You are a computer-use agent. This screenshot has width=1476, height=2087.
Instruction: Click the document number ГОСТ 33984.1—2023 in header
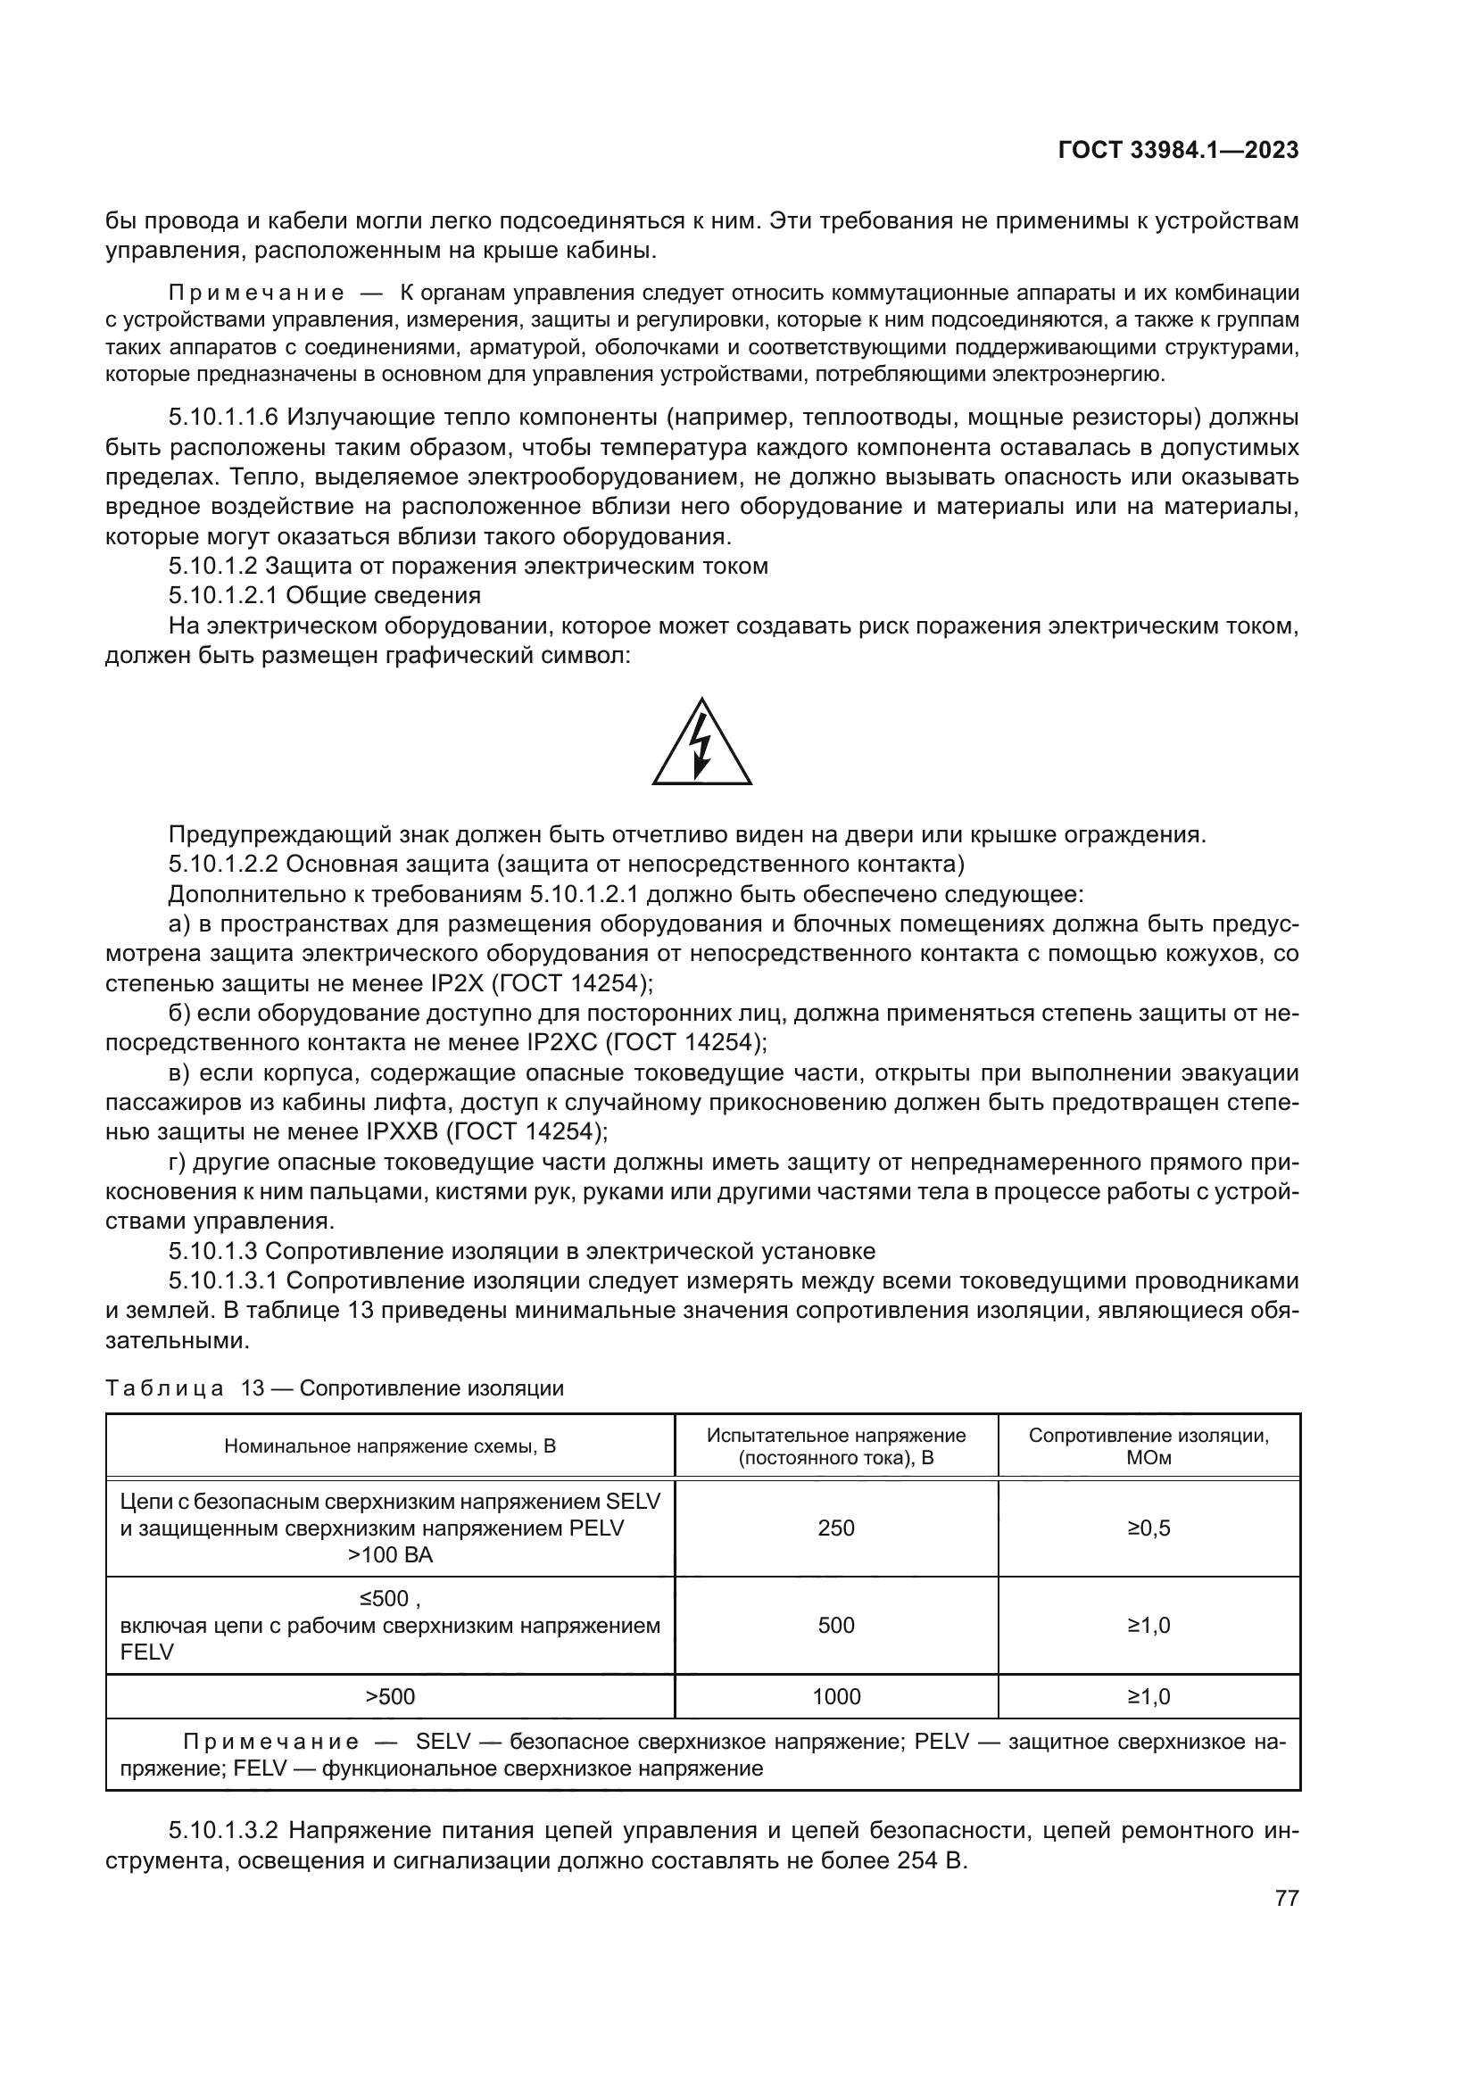coord(1178,151)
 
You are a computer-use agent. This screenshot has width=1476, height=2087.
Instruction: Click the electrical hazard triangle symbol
coord(701,742)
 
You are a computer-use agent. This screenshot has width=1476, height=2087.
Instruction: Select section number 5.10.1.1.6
coord(223,418)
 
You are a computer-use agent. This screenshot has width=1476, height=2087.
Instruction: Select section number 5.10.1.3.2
coord(223,1831)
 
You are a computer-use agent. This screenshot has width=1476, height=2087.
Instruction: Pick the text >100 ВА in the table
coord(390,1555)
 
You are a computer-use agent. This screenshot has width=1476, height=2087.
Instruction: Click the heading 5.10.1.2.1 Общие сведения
coord(325,596)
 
